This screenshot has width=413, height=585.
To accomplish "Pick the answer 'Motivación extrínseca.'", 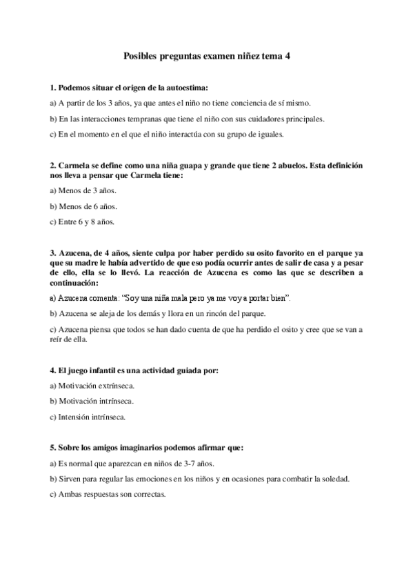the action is pyautogui.click(x=92, y=386).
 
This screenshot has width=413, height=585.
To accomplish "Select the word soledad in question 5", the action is pyautogui.click(x=334, y=478).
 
